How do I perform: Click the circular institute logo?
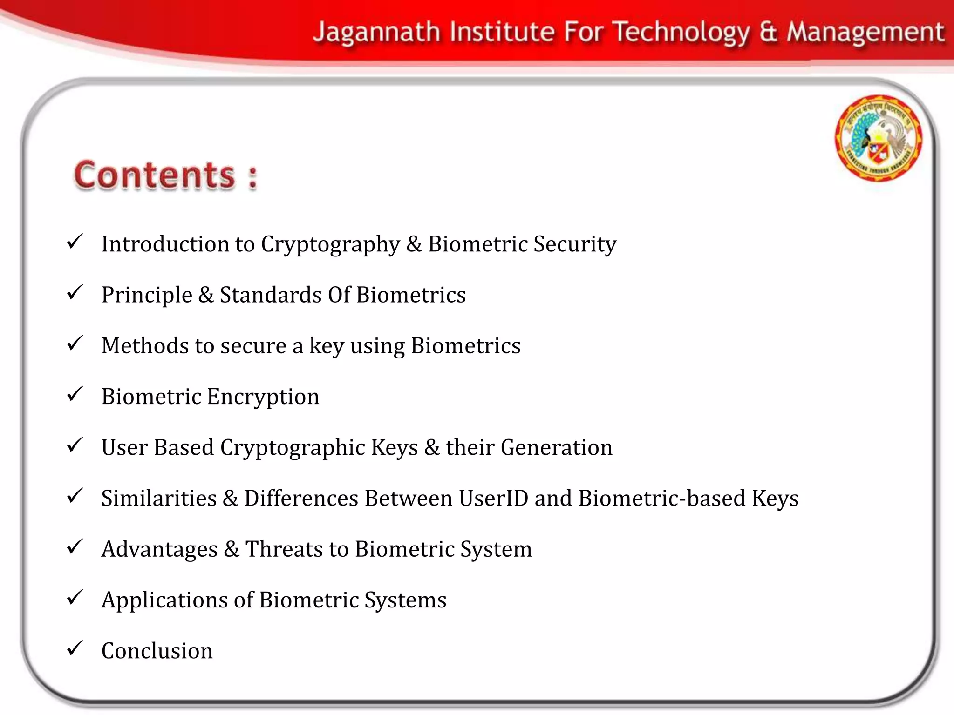click(x=878, y=138)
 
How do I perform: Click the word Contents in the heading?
click(x=155, y=175)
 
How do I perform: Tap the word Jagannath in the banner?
click(x=376, y=33)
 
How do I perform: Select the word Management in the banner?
click(x=865, y=33)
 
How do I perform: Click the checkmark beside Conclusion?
click(x=75, y=648)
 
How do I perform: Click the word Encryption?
click(x=263, y=397)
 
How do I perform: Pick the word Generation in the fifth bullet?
click(x=557, y=448)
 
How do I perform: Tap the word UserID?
click(x=493, y=499)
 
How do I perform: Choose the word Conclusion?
click(x=157, y=651)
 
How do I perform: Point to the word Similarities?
click(x=159, y=499)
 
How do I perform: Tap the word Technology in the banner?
click(x=681, y=33)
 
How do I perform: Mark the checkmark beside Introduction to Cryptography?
click(x=75, y=242)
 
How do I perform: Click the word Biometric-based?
click(x=662, y=499)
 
